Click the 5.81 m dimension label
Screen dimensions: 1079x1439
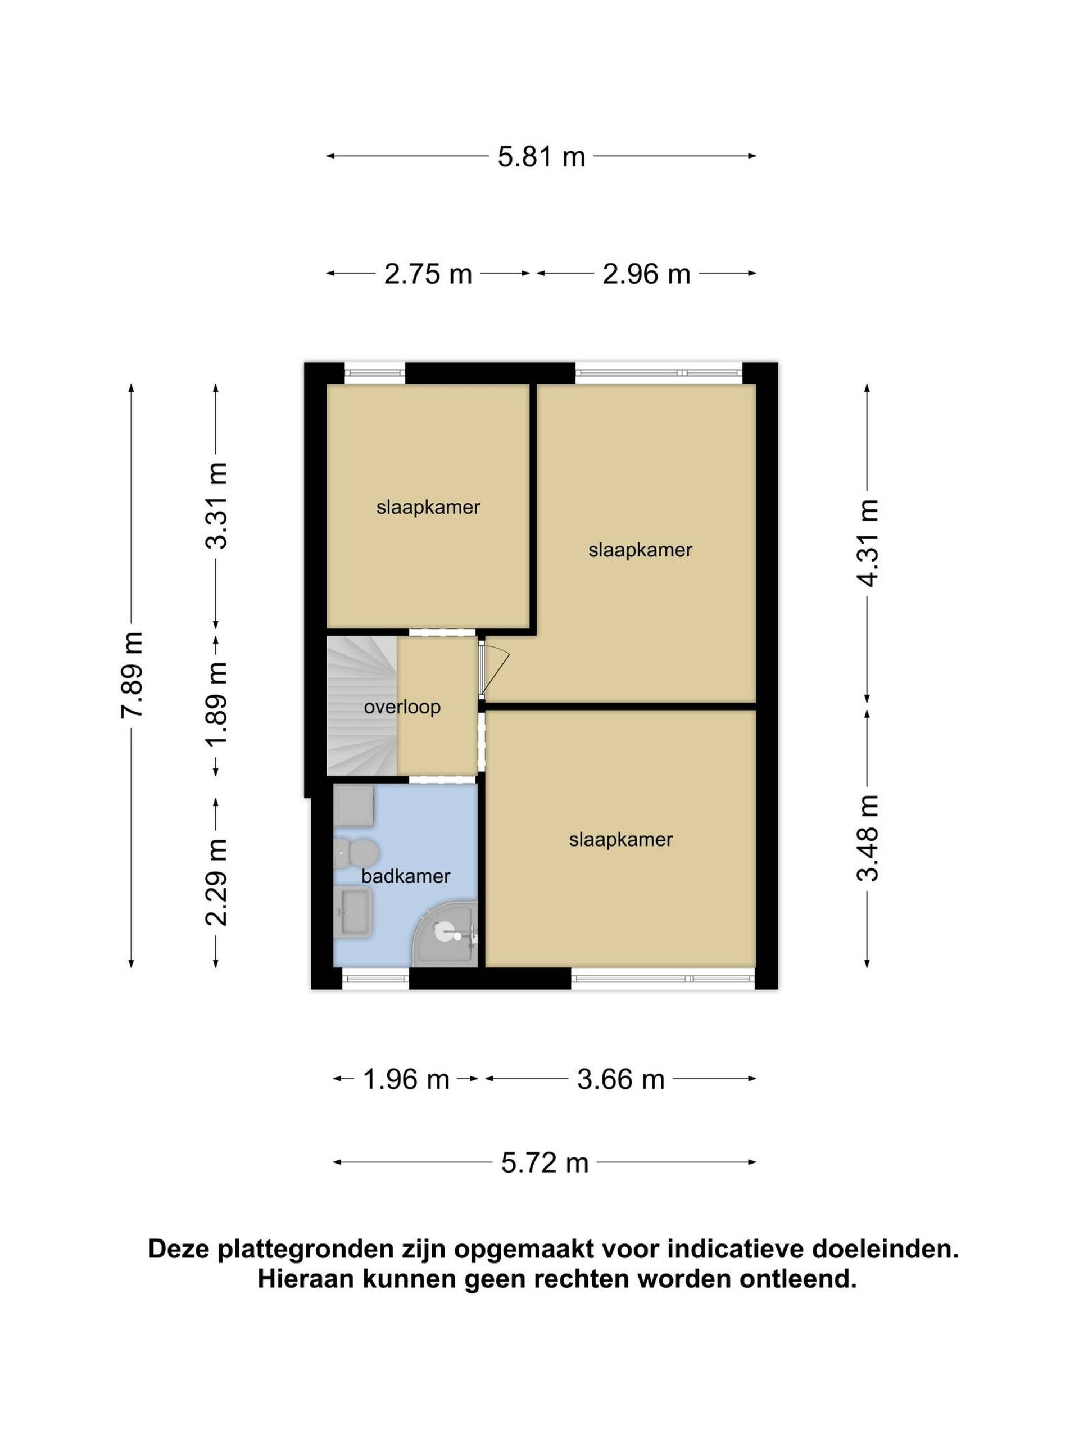tap(541, 157)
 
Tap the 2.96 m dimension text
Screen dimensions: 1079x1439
tap(646, 274)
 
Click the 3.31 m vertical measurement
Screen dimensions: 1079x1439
tap(216, 506)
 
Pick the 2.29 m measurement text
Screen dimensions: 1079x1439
tap(216, 882)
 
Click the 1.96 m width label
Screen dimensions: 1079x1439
tap(406, 1079)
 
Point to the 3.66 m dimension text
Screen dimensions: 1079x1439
tap(620, 1079)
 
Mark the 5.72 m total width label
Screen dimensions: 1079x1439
tap(545, 1162)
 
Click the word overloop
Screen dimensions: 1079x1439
tap(402, 707)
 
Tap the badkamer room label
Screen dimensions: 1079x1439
tap(406, 876)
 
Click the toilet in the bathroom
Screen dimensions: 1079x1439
tap(356, 853)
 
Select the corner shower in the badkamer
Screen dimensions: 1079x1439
tap(446, 933)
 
